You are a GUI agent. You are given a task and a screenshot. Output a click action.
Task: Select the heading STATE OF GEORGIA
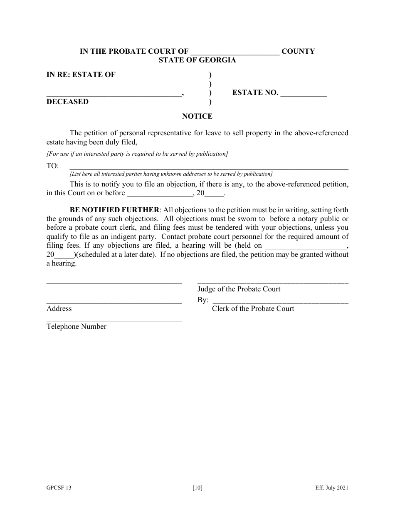[x=197, y=60]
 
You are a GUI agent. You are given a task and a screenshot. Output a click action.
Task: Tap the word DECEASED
[x=67, y=102]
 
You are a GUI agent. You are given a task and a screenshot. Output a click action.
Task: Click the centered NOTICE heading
[x=197, y=116]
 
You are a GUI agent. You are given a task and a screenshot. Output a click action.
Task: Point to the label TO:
[x=53, y=166]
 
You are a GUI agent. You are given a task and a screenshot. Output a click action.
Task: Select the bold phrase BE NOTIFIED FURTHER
[x=114, y=210]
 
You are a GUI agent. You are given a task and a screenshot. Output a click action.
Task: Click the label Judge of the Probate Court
[x=239, y=289]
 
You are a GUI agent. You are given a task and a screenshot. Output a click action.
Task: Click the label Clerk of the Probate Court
[x=253, y=308]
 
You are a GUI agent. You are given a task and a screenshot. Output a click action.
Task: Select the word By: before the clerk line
[x=203, y=300]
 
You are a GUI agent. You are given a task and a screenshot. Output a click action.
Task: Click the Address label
[x=59, y=308]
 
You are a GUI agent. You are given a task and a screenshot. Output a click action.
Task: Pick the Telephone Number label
[x=77, y=327]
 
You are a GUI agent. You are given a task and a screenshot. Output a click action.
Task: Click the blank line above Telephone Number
[x=114, y=320]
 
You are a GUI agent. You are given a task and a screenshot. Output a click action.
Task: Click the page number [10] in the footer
[x=197, y=488]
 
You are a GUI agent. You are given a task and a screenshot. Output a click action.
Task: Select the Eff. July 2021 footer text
[x=331, y=488]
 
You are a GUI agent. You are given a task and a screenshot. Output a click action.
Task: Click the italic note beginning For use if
[x=137, y=154]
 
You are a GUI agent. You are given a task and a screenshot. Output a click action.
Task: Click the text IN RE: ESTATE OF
[x=81, y=75]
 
